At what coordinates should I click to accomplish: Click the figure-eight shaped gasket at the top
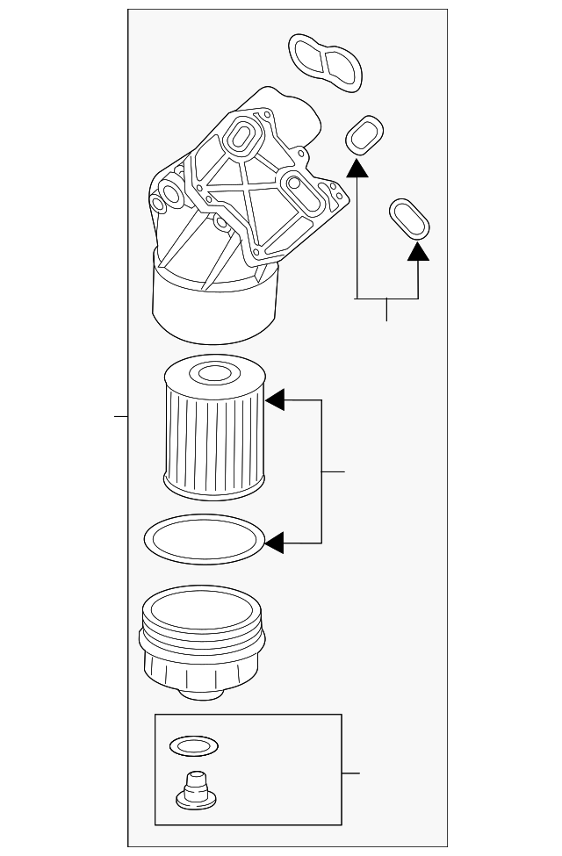click(x=326, y=62)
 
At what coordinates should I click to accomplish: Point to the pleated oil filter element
click(x=214, y=430)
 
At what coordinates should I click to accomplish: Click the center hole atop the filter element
click(x=213, y=375)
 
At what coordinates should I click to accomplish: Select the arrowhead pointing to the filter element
click(x=275, y=400)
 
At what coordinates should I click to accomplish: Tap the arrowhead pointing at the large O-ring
click(x=274, y=543)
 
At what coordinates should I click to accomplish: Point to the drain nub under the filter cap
click(x=200, y=693)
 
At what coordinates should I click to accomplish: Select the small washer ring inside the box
click(x=193, y=746)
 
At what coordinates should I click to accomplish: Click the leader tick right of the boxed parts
click(x=350, y=773)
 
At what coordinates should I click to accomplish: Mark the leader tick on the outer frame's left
click(x=121, y=415)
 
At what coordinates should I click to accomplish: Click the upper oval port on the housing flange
click(x=239, y=136)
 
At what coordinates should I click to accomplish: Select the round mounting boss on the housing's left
click(x=161, y=205)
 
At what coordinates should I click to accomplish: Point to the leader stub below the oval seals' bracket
click(x=386, y=310)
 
